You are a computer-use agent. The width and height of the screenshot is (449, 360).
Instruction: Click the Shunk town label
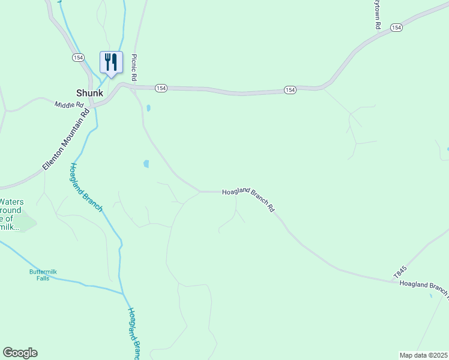(x=89, y=93)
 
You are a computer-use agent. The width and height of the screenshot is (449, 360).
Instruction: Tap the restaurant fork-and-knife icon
(x=111, y=62)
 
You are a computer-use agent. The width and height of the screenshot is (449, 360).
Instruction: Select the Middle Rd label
(x=68, y=104)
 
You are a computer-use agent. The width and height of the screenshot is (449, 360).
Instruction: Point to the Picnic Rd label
(x=135, y=68)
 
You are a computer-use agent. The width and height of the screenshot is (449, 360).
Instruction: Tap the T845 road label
(x=400, y=271)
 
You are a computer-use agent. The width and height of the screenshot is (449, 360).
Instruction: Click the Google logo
(x=20, y=353)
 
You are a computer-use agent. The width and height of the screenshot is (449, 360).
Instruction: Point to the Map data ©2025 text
(x=423, y=355)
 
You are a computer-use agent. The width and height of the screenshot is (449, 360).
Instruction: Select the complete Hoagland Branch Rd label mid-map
(x=248, y=200)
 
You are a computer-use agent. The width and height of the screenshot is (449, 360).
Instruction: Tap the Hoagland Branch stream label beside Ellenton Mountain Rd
(x=86, y=187)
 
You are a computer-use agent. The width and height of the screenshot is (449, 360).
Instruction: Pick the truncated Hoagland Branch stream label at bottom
(x=133, y=334)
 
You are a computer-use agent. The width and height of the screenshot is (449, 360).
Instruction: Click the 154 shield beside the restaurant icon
(x=78, y=58)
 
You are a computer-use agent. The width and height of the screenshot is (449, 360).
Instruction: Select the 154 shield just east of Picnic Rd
(x=160, y=88)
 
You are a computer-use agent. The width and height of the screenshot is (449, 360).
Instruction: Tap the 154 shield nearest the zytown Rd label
(x=396, y=28)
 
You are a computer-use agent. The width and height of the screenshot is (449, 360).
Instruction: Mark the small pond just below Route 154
(x=148, y=109)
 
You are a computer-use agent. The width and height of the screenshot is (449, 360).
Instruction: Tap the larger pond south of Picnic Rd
(x=146, y=164)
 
